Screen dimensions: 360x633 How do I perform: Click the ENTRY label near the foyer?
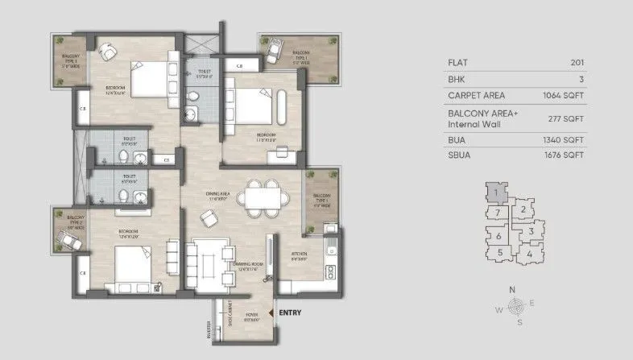[289, 312]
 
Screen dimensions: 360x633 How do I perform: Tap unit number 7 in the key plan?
[499, 213]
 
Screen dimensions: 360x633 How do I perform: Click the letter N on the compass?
[512, 289]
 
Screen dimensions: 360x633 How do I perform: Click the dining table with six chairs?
[264, 197]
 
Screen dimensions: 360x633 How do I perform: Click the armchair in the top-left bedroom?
[107, 52]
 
